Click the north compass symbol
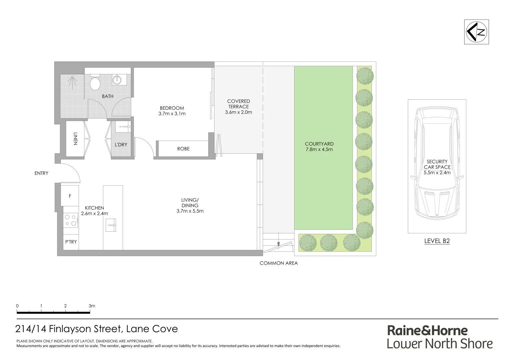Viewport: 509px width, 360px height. pyautogui.click(x=476, y=32)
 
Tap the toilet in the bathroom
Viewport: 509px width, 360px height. pyautogui.click(x=95, y=82)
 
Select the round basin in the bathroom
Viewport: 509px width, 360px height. pyautogui.click(x=117, y=80)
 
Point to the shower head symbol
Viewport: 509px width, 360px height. pyautogui.click(x=72, y=80)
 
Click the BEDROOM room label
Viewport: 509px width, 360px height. pyautogui.click(x=172, y=108)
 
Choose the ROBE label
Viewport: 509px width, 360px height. pyautogui.click(x=183, y=149)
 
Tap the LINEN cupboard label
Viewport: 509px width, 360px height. pyautogui.click(x=75, y=139)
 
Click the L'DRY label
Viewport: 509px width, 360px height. pyautogui.click(x=121, y=145)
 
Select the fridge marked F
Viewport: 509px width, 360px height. pyautogui.click(x=70, y=196)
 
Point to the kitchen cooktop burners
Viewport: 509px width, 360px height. pyautogui.click(x=71, y=220)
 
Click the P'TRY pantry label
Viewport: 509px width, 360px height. pyautogui.click(x=71, y=242)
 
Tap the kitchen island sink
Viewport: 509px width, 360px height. pyautogui.click(x=111, y=225)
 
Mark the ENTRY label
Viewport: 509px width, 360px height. pyautogui.click(x=41, y=173)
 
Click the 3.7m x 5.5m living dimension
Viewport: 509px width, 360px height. pyautogui.click(x=190, y=211)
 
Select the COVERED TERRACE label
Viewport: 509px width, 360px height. pyautogui.click(x=239, y=104)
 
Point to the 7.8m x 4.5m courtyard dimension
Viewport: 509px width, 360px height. pyautogui.click(x=319, y=149)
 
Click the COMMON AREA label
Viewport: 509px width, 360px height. pyautogui.click(x=278, y=263)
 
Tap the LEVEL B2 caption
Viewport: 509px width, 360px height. pyautogui.click(x=437, y=241)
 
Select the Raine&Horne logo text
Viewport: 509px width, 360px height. pyautogui.click(x=427, y=331)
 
